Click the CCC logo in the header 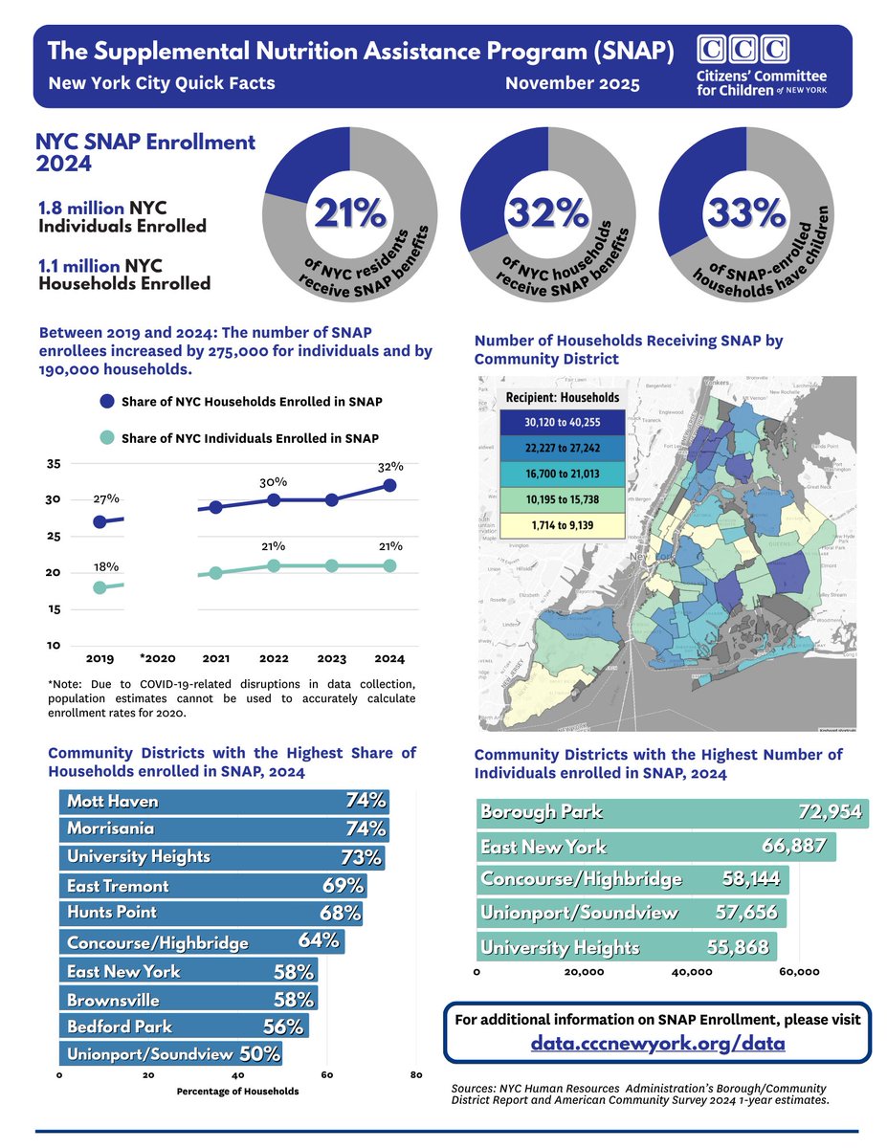pos(744,50)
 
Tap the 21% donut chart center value pos(349,213)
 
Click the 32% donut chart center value pos(547,213)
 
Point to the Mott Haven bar pos(224,801)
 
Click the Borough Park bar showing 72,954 pos(672,812)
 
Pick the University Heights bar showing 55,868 pos(627,947)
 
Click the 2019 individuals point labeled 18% pos(100,587)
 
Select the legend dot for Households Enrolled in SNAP pos(107,401)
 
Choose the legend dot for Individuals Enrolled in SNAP pos(107,437)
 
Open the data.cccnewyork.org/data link pos(657,1043)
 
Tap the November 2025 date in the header pos(573,83)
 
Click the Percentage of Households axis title pos(237,1091)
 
